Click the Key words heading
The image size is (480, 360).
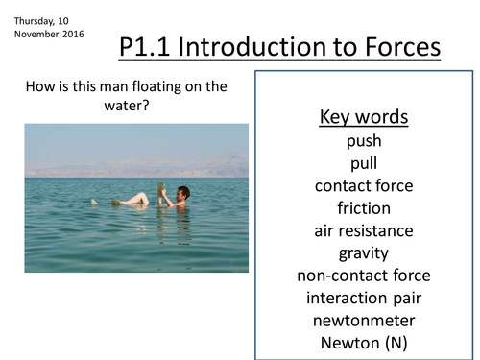click(363, 118)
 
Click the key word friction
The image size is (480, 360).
click(363, 207)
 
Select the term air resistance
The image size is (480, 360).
click(363, 230)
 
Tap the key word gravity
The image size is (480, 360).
click(363, 253)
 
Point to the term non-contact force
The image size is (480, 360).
click(363, 276)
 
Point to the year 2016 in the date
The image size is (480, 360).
click(72, 35)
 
